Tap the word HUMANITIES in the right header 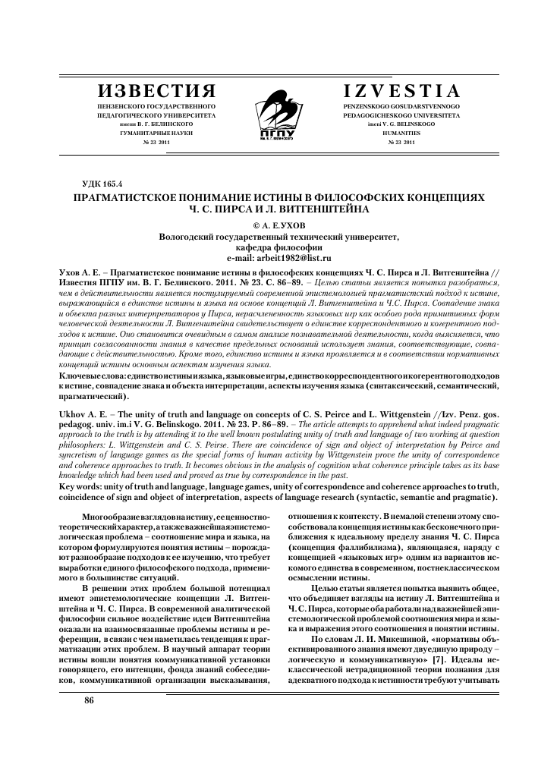(x=401, y=132)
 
